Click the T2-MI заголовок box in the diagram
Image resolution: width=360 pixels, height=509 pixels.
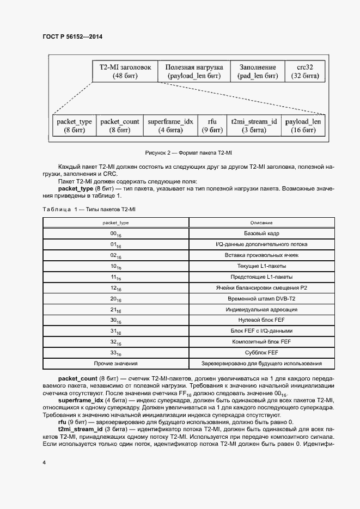125,71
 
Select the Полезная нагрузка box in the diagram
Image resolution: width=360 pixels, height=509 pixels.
193,71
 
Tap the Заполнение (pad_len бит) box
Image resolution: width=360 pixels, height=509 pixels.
258,71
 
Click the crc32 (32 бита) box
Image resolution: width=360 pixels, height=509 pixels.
303,71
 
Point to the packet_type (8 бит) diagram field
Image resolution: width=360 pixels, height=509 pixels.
74,126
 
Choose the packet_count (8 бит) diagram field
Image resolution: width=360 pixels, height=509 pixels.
120,126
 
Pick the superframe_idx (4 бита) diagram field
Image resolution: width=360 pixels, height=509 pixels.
170,126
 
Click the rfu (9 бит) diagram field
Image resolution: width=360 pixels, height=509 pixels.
212,126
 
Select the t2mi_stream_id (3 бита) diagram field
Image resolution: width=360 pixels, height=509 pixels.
254,126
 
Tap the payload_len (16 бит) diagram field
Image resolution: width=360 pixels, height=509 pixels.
303,126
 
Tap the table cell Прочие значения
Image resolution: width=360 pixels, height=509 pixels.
115,363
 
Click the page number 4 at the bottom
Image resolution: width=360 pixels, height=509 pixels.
44,462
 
